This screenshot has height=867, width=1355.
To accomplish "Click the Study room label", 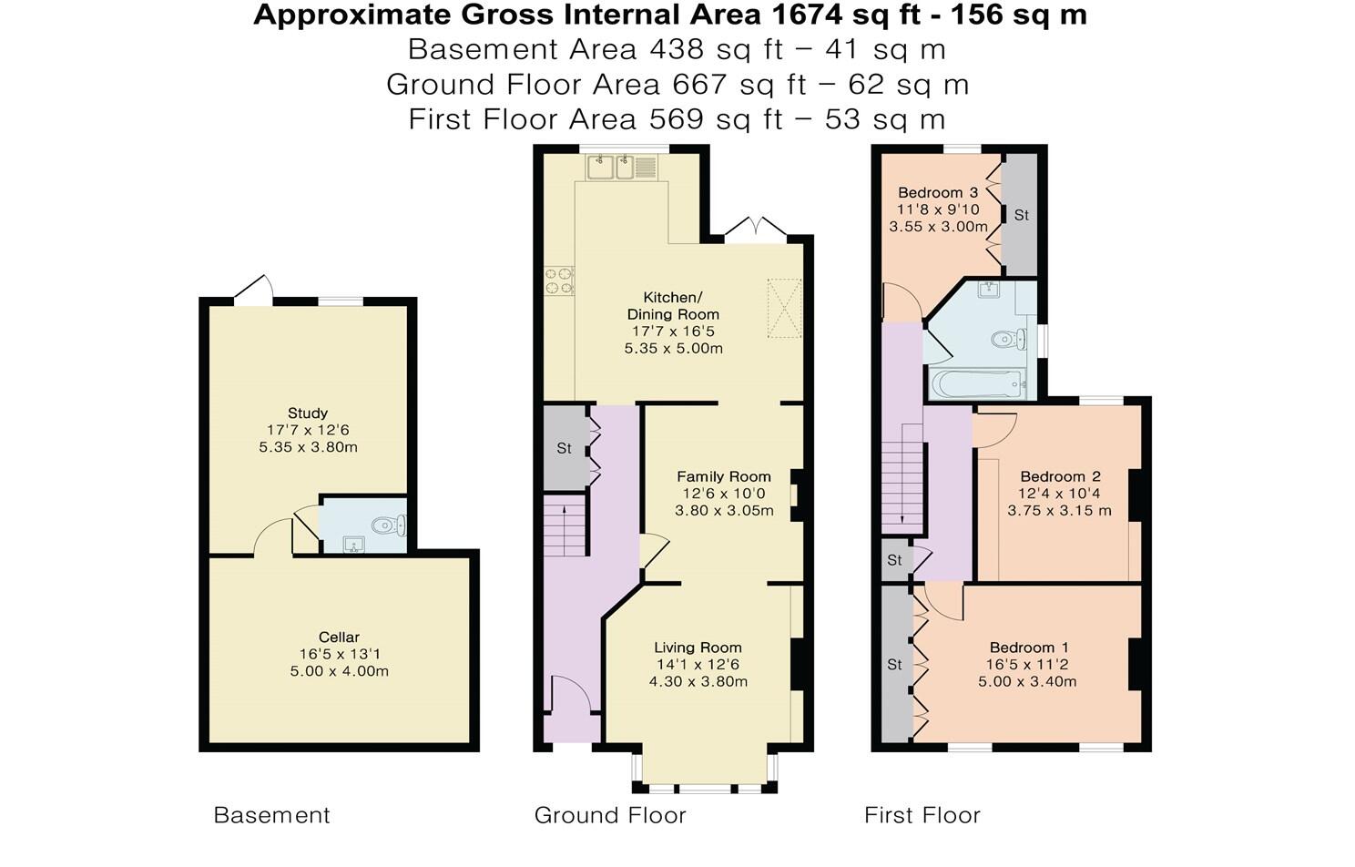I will pos(308,413).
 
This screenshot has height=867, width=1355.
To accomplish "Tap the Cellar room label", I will pos(339,637).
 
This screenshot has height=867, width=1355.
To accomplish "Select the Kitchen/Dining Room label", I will pos(673,306).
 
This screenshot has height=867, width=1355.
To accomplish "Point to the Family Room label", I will pos(723,476).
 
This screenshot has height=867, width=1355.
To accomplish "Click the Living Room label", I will pos(698,648).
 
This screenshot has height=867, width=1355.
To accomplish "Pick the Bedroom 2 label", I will pos(1060,476).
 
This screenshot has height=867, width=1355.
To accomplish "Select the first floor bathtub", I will pos(978,383).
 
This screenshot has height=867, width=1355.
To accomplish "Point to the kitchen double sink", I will pos(612,168).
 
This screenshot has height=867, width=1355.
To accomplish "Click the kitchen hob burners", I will pos(559,280).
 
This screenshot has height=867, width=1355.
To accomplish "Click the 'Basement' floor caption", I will pos(271,815).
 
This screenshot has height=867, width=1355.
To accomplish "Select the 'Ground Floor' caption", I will pos(610,815).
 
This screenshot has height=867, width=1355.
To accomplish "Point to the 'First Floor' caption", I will pos(922,815).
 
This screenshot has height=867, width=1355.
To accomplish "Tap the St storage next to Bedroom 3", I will pos(1021,215).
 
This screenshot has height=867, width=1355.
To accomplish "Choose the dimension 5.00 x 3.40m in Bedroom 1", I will pos(1027,681).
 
